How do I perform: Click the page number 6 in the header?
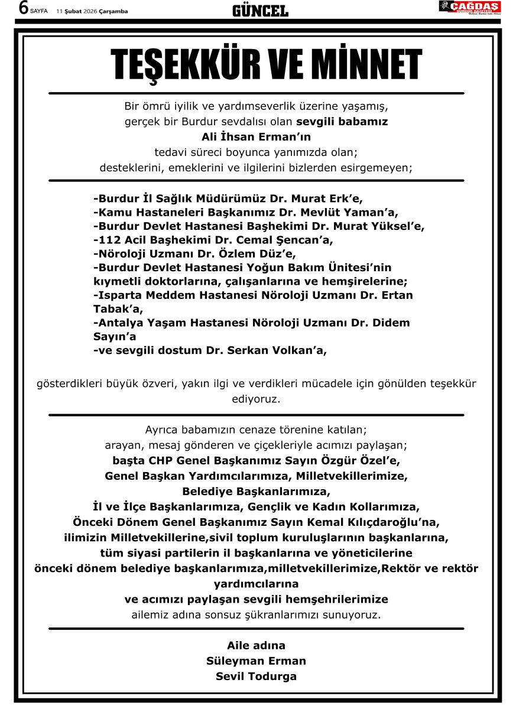click(24, 8)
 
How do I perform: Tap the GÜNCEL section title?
click(260, 11)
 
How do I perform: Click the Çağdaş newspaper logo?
click(469, 7)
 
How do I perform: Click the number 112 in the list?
click(106, 240)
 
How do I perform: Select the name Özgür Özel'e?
click(372, 460)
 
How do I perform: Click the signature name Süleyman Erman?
click(256, 661)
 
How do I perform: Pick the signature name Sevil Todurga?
click(256, 677)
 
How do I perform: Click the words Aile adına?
click(256, 646)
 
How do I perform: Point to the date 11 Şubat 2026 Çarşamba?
click(92, 11)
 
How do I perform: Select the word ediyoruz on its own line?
click(256, 399)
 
